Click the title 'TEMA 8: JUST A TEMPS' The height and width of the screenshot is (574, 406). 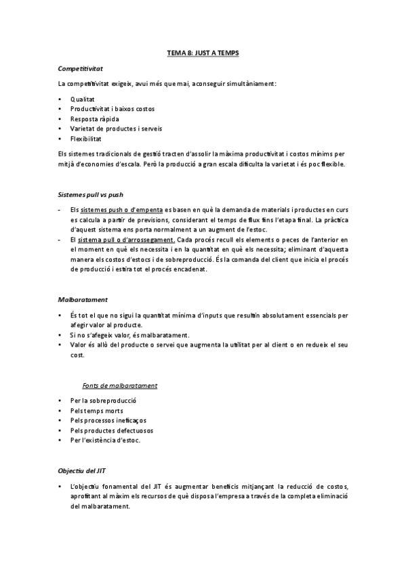(x=203, y=52)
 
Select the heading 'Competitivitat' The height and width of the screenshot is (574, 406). (x=80, y=68)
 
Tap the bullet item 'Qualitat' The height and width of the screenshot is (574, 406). (x=82, y=99)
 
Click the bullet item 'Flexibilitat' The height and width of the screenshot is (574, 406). (x=86, y=138)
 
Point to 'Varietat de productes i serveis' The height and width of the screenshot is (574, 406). (x=116, y=128)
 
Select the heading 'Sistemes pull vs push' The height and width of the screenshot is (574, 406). (x=91, y=194)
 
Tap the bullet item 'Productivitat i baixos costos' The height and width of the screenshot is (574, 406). (x=113, y=108)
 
